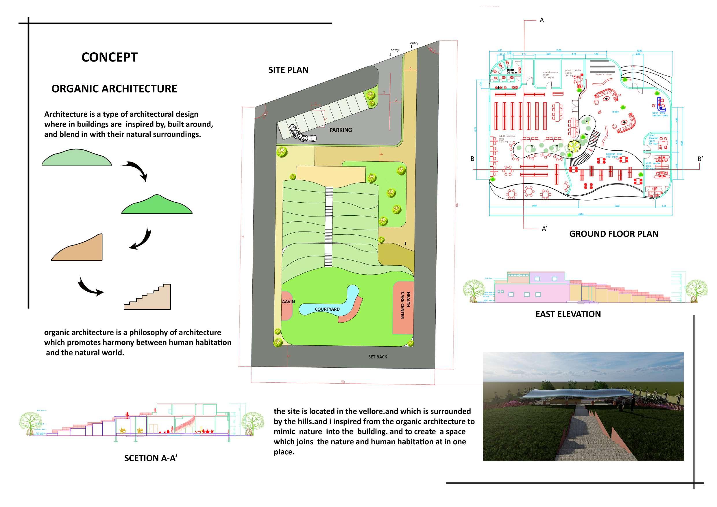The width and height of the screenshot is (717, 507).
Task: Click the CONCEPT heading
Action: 109,58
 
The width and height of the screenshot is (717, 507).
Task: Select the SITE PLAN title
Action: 288,70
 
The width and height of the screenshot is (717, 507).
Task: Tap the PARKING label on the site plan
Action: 340,130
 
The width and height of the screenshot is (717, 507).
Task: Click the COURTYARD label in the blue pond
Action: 327,309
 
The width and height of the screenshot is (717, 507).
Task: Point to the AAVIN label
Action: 288,301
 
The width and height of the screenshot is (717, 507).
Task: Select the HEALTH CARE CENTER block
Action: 403,308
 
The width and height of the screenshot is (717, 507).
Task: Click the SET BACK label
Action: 377,357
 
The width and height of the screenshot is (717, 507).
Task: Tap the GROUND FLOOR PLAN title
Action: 613,234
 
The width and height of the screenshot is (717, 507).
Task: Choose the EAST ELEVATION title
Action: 568,314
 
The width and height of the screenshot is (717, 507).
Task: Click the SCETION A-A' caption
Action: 151,458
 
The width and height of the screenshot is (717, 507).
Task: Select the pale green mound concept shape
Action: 77,158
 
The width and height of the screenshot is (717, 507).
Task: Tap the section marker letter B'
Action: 700,159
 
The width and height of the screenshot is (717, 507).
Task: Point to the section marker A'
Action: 544,229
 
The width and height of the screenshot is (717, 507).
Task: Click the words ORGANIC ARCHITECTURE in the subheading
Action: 114,89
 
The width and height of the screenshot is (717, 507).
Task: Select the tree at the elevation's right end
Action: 696,290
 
